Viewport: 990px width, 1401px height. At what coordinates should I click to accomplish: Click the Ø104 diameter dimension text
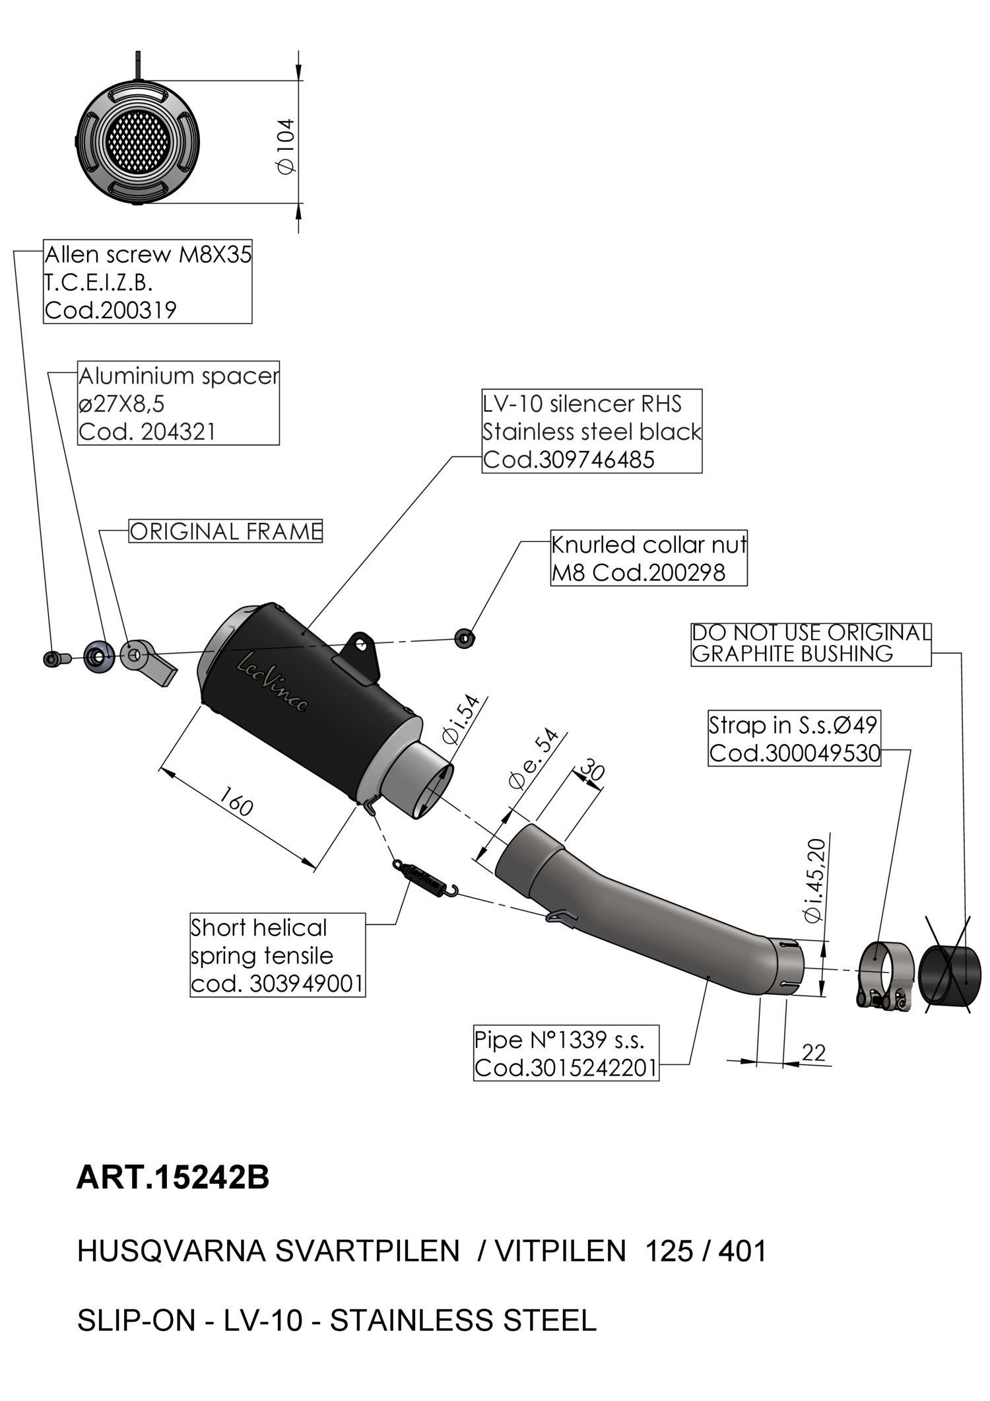(x=286, y=146)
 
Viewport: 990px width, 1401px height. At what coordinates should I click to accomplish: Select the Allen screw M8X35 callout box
(x=147, y=282)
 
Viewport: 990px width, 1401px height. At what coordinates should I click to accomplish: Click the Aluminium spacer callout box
(x=178, y=403)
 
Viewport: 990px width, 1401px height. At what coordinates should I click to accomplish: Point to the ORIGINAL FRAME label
(x=225, y=531)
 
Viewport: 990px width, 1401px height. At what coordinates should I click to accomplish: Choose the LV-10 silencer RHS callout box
(x=591, y=431)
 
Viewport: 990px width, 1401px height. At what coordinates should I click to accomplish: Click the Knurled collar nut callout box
(x=649, y=558)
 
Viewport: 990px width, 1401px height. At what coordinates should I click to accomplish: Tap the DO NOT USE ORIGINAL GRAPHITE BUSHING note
(x=810, y=644)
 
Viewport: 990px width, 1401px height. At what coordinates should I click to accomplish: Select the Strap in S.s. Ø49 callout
(x=795, y=738)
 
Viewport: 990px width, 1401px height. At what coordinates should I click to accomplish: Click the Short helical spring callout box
(x=277, y=955)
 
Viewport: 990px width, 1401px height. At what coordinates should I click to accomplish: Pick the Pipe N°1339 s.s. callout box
(x=566, y=1054)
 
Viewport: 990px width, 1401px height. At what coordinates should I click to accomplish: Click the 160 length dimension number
(x=235, y=801)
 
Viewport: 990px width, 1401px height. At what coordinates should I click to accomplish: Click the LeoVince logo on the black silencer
(x=272, y=681)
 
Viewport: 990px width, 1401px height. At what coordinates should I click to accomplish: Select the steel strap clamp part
(x=884, y=973)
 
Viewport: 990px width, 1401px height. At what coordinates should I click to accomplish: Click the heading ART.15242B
(x=173, y=1177)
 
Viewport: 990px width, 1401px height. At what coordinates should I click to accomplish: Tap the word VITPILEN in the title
(x=560, y=1251)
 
